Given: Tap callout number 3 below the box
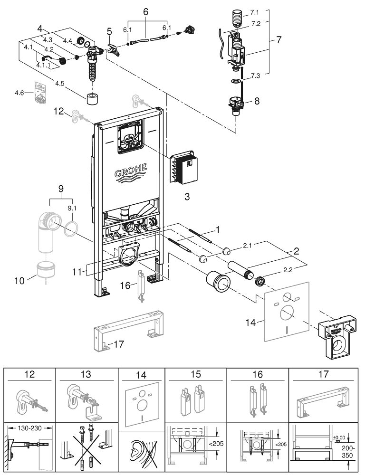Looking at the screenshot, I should coord(187,196).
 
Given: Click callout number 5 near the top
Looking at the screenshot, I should coord(109,32).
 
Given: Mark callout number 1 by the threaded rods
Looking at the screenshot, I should coord(218,230).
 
